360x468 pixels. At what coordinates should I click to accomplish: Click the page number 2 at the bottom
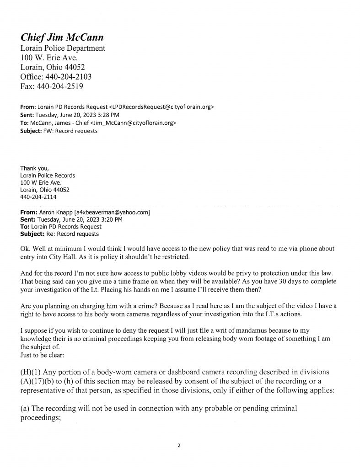pos(180,444)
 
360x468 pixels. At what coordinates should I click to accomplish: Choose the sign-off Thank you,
pos(32,168)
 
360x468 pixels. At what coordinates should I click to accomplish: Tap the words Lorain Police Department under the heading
pos(63,48)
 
